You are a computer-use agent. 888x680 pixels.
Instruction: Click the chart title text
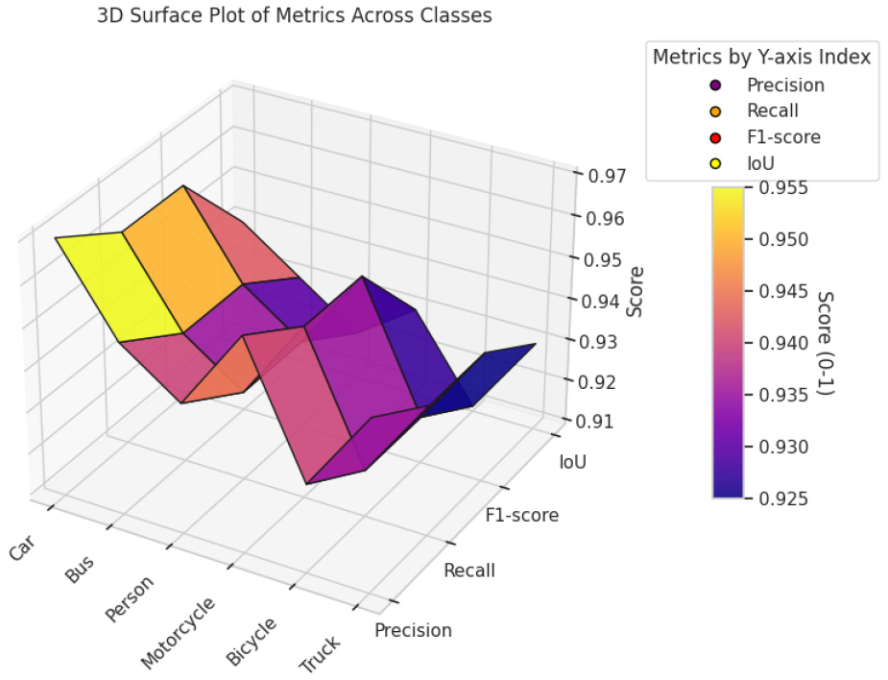click(295, 15)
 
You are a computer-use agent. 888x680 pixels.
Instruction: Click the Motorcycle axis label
click(180, 633)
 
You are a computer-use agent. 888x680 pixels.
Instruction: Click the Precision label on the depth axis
click(413, 631)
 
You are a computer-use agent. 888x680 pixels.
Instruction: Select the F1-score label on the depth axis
click(520, 516)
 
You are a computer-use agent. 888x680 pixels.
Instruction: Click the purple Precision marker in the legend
click(716, 85)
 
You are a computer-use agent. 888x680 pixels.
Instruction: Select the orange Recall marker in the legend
click(716, 111)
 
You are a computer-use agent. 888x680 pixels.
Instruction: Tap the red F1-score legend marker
click(716, 137)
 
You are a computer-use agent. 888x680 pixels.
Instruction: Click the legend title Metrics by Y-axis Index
click(761, 57)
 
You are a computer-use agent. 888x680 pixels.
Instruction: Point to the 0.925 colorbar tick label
click(783, 498)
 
